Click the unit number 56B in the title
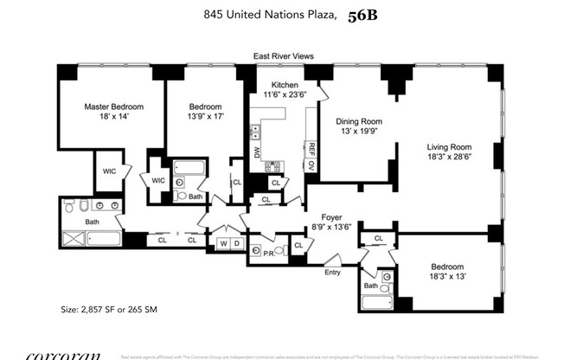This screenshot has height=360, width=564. [x=366, y=14]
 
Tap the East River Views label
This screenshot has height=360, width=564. [x=283, y=56]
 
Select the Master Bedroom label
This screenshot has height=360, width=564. [x=113, y=106]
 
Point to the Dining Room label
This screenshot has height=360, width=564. [x=358, y=121]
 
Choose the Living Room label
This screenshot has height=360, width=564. [x=446, y=147]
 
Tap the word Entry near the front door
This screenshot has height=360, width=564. [x=332, y=272]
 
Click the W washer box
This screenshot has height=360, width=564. [x=222, y=245]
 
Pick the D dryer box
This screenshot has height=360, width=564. [x=236, y=245]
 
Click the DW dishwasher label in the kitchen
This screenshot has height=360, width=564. [x=256, y=153]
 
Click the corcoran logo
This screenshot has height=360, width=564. [x=62, y=355]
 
